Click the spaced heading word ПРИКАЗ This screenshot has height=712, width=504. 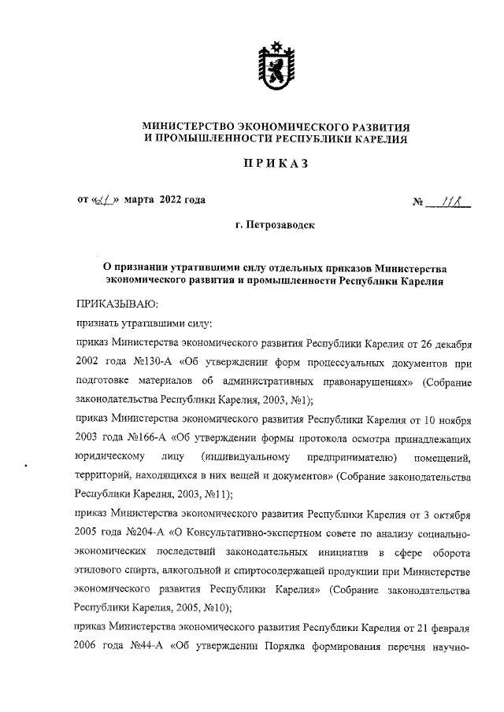tap(272, 164)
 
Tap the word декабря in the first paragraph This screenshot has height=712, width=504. tap(447, 345)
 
